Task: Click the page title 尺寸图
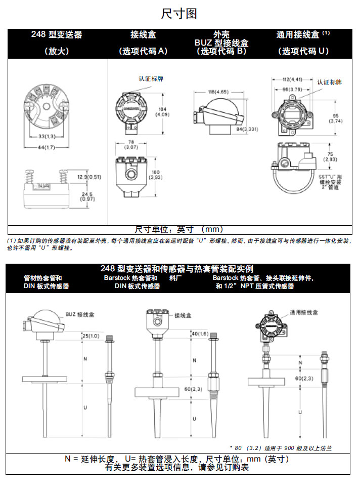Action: pyautogui.click(x=179, y=14)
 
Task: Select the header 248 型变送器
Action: pyautogui.click(x=56, y=35)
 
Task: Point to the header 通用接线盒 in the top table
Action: pyautogui.click(x=298, y=35)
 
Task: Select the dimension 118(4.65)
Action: pyautogui.click(x=218, y=92)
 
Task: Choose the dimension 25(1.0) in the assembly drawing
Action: pyautogui.click(x=91, y=336)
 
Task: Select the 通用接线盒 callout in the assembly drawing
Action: pyautogui.click(x=304, y=313)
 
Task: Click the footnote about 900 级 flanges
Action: pyautogui.click(x=280, y=448)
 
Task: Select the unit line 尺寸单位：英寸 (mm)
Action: pyautogui.click(x=179, y=229)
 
